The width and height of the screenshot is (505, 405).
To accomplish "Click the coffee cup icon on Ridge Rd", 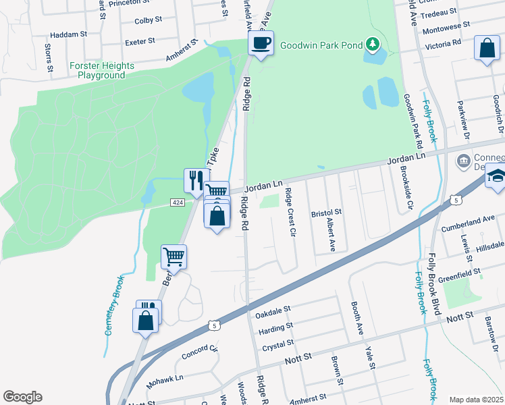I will tap(261, 43).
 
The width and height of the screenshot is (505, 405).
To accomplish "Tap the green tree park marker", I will tap(372, 45).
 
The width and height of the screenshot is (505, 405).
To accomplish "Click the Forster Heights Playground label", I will tap(101, 71).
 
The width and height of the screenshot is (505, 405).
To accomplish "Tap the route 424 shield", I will tap(178, 202).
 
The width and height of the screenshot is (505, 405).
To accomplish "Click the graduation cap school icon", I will tap(496, 177).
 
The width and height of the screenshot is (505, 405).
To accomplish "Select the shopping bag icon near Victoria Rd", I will tap(486, 49).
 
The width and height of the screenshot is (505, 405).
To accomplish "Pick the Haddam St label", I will tap(69, 33).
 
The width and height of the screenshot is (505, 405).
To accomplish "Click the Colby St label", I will tap(148, 21).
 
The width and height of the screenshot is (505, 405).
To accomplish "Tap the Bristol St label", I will tap(326, 213).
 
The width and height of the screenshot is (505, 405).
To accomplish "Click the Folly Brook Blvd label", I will tap(435, 284).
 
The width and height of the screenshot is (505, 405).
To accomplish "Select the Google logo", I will tap(22, 396).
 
